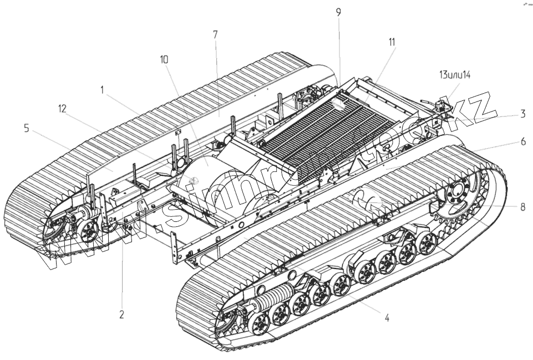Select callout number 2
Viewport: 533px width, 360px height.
[121, 314]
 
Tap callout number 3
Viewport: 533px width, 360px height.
[522, 115]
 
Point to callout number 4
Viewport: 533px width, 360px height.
[387, 318]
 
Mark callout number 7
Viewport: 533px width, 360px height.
[215, 34]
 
